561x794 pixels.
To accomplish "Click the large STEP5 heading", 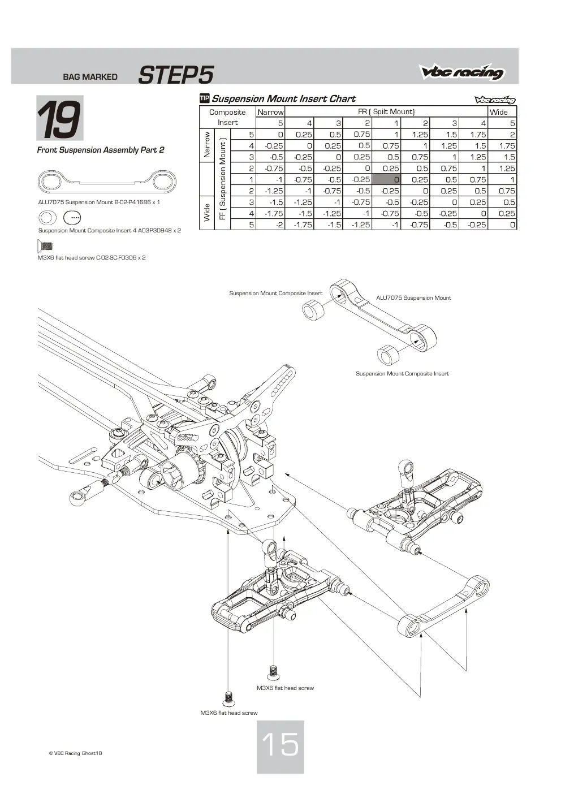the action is point(176,75).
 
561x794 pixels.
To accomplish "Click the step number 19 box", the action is point(60,118).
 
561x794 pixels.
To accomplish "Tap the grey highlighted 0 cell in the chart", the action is point(386,179).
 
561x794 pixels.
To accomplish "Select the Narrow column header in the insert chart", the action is point(270,112).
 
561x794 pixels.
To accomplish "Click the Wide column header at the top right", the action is point(499,112).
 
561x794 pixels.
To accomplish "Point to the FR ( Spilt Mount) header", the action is point(386,111).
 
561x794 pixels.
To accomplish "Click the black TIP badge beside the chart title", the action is point(205,98).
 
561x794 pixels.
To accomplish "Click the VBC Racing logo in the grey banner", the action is point(462,72).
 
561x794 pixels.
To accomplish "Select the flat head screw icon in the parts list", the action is point(45,246).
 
